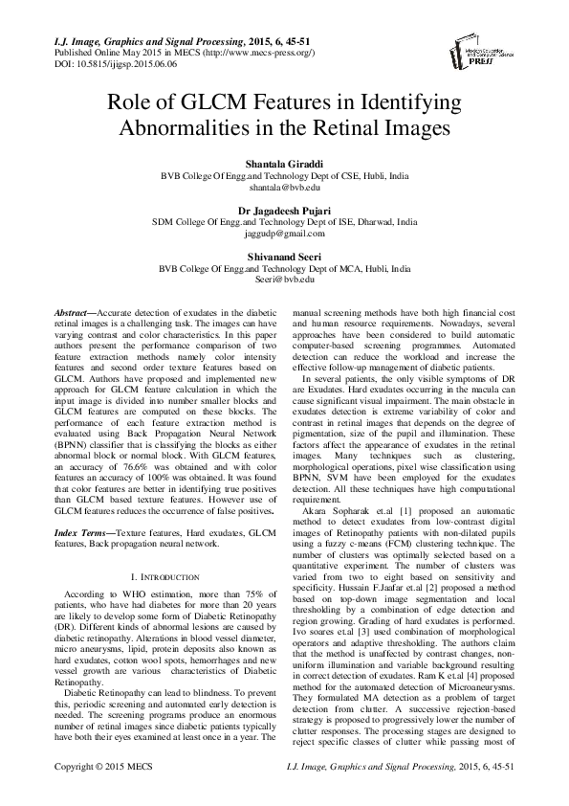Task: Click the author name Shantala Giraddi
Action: pyautogui.click(x=284, y=164)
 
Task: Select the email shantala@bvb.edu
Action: pyautogui.click(x=284, y=190)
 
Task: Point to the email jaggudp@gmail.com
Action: pyautogui.click(x=284, y=233)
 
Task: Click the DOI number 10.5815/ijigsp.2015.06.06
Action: pyautogui.click(x=97, y=60)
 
